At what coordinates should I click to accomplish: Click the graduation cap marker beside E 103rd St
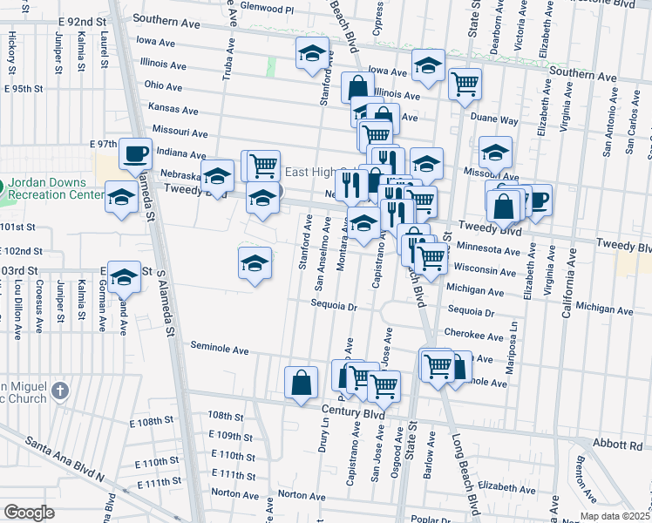click(x=124, y=278)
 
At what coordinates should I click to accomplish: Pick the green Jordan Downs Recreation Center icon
click(x=3, y=187)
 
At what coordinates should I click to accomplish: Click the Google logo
click(x=29, y=512)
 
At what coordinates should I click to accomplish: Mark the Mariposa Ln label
click(x=513, y=336)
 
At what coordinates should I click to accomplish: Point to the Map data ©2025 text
click(x=614, y=516)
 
